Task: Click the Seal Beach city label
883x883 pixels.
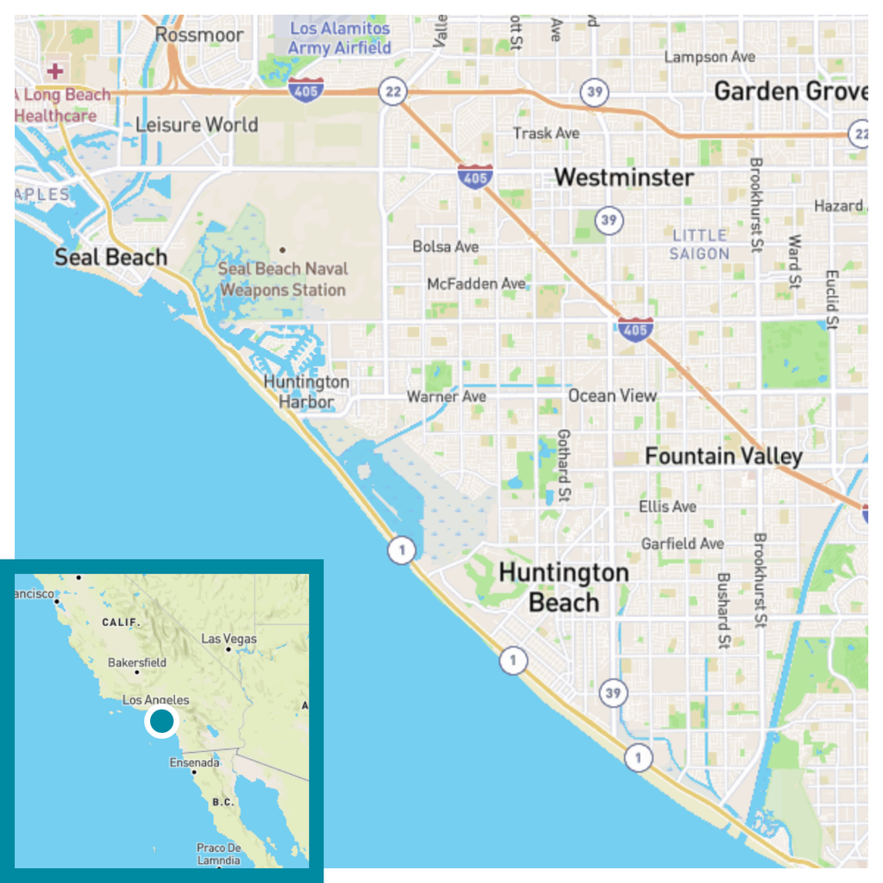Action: click(110, 257)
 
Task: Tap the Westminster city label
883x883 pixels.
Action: click(623, 178)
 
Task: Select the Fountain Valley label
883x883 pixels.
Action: click(723, 456)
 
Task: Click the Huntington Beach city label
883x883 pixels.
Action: click(563, 587)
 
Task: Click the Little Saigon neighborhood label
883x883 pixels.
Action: click(700, 244)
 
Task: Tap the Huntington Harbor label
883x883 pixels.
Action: click(306, 391)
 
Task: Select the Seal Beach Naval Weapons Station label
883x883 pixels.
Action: click(283, 279)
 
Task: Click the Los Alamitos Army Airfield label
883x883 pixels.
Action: click(339, 38)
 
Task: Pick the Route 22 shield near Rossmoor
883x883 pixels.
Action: click(392, 92)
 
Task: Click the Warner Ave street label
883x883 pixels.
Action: click(446, 397)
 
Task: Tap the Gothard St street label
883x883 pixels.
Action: click(564, 467)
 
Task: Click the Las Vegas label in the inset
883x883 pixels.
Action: click(229, 639)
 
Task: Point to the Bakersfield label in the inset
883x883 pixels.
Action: click(137, 663)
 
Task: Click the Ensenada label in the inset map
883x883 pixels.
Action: click(194, 762)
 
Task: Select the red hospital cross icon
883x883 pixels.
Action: click(56, 70)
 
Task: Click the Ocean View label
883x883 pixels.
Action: click(612, 396)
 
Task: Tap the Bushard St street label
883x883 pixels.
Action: click(723, 611)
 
